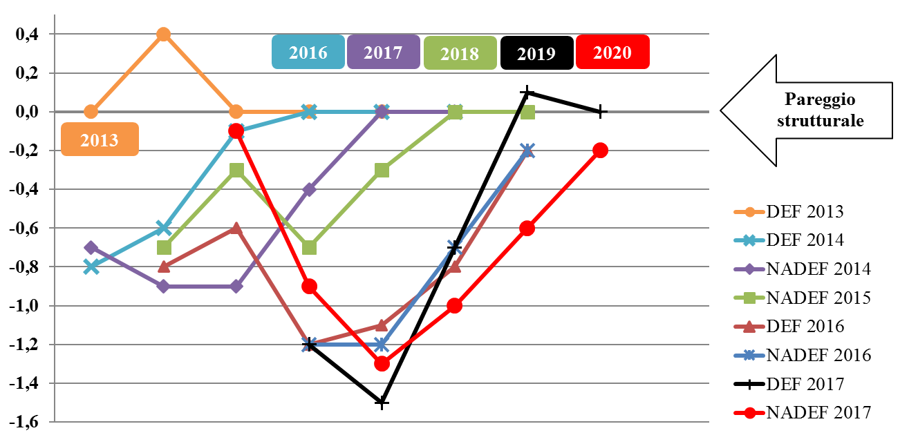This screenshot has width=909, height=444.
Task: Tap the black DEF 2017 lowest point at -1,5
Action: click(x=382, y=402)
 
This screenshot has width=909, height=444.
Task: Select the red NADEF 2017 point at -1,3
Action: click(x=382, y=363)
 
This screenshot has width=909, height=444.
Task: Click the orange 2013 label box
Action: click(x=100, y=139)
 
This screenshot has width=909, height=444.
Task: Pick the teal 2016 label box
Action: click(x=308, y=52)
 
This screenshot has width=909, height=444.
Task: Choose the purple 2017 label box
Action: click(x=383, y=52)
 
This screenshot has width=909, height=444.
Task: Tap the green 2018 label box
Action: click(x=460, y=53)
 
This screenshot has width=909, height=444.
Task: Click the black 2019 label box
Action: click(x=536, y=53)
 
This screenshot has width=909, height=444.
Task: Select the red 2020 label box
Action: click(x=612, y=52)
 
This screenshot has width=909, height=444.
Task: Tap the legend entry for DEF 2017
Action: click(x=805, y=384)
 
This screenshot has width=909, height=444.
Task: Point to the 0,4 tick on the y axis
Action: click(x=28, y=34)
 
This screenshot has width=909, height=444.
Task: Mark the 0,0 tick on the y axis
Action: click(x=28, y=111)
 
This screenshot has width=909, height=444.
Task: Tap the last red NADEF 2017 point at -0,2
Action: click(x=600, y=150)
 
